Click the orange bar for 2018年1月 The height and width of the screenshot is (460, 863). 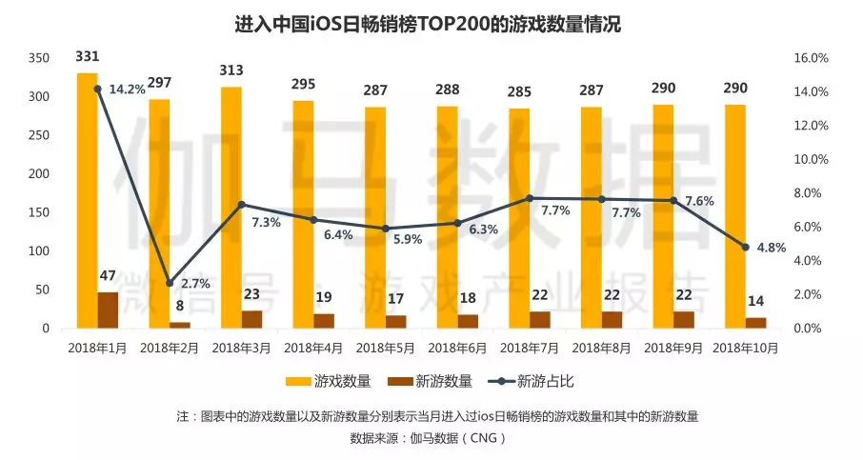click(x=88, y=200)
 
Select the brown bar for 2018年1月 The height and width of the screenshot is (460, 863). click(x=109, y=310)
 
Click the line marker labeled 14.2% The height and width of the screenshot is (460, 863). click(x=97, y=89)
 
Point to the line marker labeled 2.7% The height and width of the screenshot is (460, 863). click(x=170, y=283)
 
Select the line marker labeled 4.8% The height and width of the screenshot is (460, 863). click(x=745, y=247)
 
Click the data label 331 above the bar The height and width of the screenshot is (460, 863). click(x=88, y=57)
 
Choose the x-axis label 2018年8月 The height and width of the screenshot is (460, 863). click(x=602, y=348)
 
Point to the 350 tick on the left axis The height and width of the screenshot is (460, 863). click(x=38, y=58)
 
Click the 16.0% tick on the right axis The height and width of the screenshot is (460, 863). click(x=811, y=58)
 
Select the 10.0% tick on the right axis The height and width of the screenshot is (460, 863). click(x=811, y=159)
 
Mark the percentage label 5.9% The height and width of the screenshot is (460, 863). click(x=407, y=239)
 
